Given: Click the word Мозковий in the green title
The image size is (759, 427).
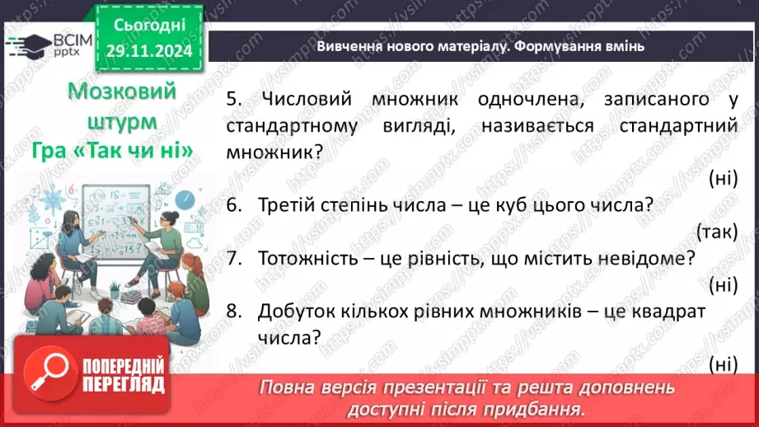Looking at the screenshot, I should click(110, 91).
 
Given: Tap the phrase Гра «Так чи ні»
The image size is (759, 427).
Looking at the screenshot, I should click(113, 152).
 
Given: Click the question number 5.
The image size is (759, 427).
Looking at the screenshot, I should click(232, 100).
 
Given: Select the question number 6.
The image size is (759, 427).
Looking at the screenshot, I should click(233, 205).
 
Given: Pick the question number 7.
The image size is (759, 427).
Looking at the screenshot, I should click(233, 258).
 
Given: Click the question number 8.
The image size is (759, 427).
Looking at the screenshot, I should click(233, 311).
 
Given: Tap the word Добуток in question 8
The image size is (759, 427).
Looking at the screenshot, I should click(294, 311).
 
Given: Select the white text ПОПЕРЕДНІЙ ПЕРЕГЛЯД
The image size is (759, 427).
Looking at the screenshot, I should click(124, 376).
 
